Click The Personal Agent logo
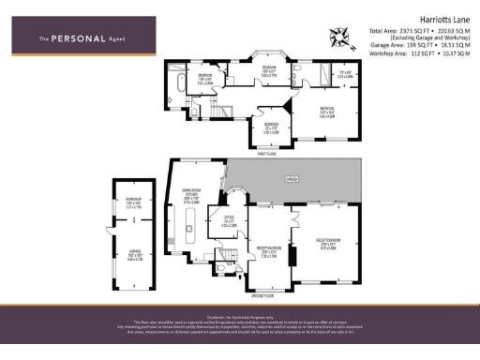(82, 37)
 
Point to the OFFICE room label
(228, 221)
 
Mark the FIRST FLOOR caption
(275, 153)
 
